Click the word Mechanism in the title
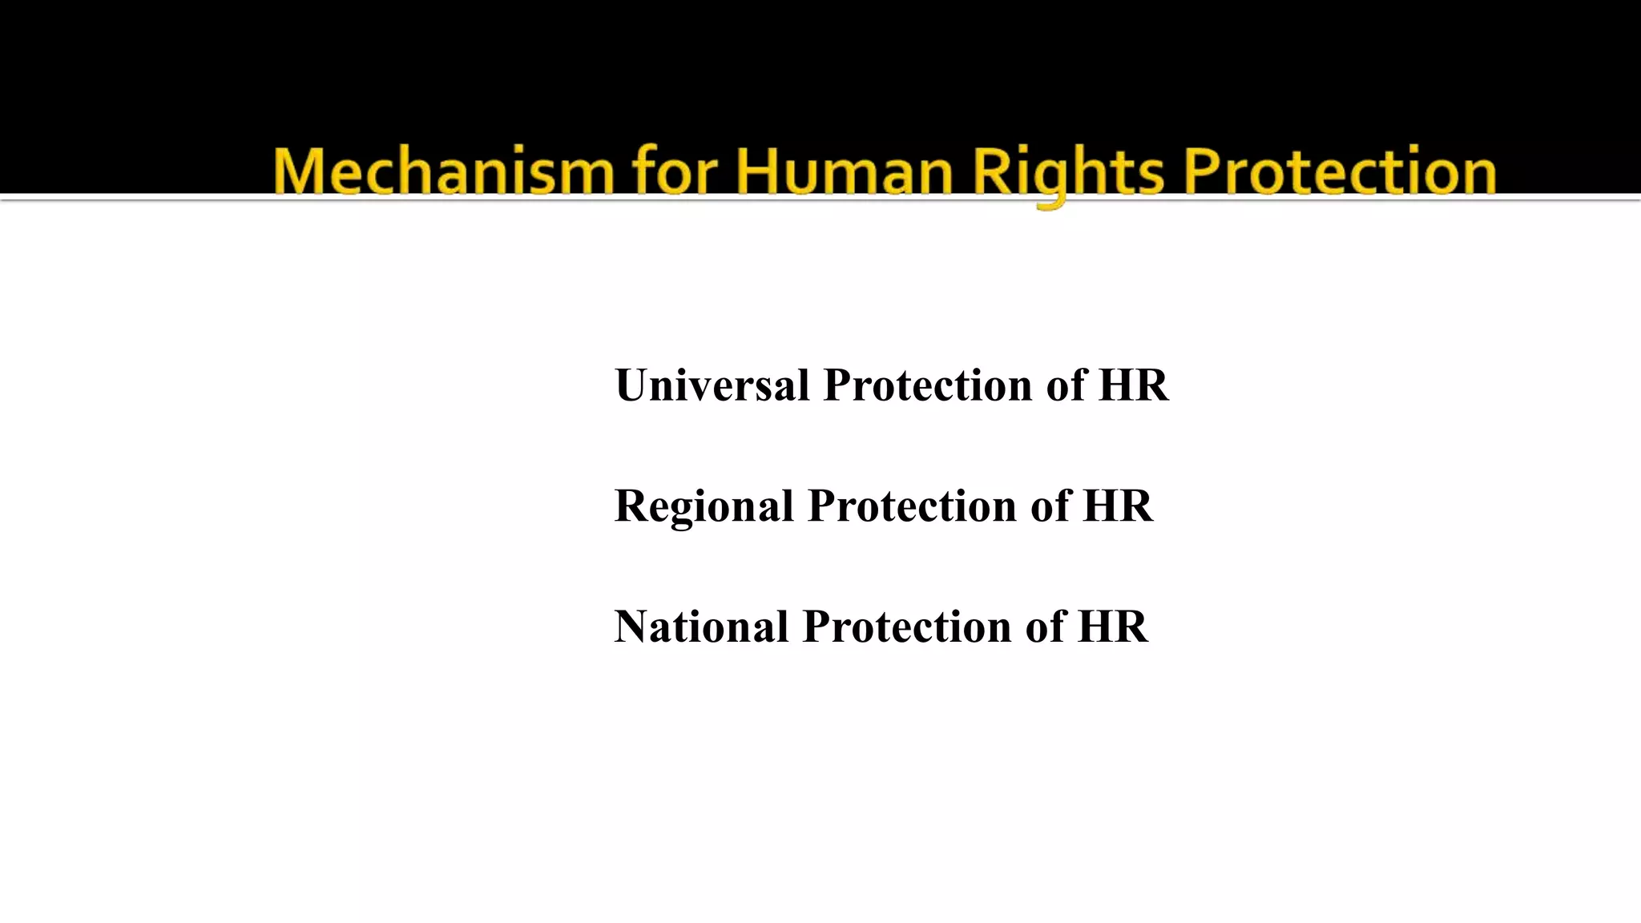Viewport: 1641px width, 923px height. click(x=443, y=171)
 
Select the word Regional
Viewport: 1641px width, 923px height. click(x=704, y=506)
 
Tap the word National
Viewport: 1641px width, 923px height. click(x=701, y=627)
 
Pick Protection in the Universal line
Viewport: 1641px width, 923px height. click(x=928, y=385)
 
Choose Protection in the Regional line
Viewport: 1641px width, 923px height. click(x=912, y=506)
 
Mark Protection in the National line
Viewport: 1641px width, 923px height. click(x=907, y=627)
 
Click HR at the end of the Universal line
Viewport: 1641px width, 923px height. click(x=1133, y=385)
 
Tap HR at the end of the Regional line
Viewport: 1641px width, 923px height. click(x=1118, y=506)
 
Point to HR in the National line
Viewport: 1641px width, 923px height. click(x=1113, y=627)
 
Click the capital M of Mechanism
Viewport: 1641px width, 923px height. click(x=299, y=171)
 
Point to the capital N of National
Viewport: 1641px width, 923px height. click(x=632, y=627)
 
